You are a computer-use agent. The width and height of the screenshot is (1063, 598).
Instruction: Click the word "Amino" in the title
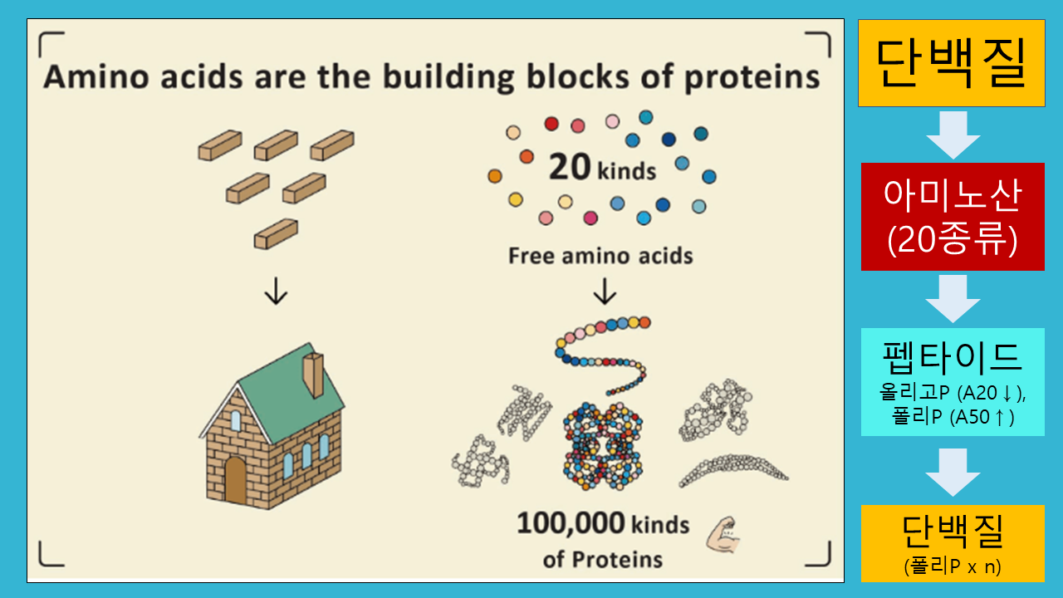[96, 76]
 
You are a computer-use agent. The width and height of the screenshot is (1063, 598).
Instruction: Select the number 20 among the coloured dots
[570, 167]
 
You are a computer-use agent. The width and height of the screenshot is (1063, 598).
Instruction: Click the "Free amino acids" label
[600, 256]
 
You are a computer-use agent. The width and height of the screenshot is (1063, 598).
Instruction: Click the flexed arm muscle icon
[723, 536]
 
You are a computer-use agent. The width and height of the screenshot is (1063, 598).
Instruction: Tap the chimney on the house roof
[313, 375]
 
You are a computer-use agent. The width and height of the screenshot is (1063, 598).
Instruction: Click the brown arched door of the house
[235, 480]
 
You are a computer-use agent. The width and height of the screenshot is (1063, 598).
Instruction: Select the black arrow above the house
[276, 291]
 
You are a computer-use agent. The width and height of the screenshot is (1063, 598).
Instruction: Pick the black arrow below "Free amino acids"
[605, 291]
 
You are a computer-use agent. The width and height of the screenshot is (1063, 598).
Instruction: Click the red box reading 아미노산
[953, 217]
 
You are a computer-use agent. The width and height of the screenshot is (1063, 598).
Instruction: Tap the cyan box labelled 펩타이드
[953, 382]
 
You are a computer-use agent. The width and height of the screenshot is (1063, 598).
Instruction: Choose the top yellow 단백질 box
[952, 63]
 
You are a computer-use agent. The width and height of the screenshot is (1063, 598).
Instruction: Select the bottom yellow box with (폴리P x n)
[953, 543]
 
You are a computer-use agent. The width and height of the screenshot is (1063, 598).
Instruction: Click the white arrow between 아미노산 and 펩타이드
[953, 299]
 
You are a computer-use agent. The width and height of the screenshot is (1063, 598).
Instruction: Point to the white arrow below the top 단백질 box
[953, 135]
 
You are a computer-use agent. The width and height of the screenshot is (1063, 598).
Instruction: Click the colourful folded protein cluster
[603, 446]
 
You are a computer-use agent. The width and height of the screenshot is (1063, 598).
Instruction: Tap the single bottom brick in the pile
[276, 234]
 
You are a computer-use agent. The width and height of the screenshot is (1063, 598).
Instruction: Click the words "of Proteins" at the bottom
[603, 560]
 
